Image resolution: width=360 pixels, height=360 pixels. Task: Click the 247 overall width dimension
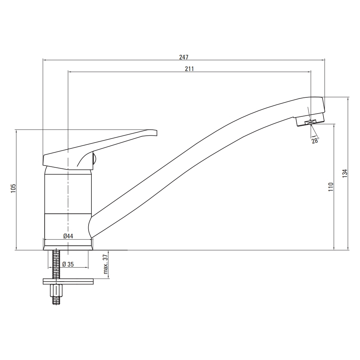point(184,57)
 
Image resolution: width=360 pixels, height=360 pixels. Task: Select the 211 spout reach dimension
point(189,69)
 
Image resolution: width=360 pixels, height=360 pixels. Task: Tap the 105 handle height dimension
point(13,188)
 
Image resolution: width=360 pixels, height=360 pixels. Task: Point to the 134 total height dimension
point(345,173)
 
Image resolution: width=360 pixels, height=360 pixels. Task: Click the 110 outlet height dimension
point(330,187)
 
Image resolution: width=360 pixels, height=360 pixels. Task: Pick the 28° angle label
point(315,140)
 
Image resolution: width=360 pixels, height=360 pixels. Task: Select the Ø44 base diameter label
point(68,236)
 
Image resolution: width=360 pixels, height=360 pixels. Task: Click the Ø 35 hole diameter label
point(68,264)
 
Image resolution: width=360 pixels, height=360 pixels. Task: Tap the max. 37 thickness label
point(105,264)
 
